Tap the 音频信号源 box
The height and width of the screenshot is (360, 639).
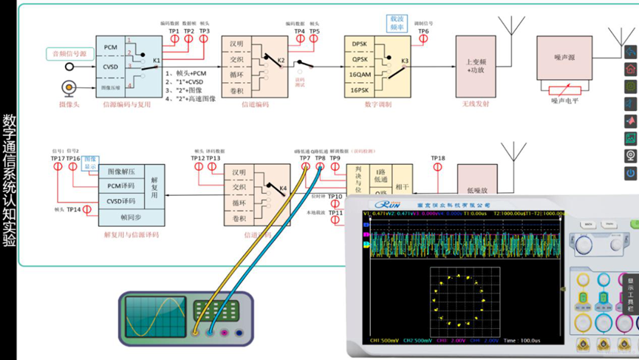pos(68,53)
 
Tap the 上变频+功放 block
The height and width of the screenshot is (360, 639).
pos(475,67)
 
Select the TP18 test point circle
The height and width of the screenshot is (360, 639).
pos(438,168)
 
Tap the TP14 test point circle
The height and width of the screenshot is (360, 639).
pos(88,210)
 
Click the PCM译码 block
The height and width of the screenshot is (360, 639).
pos(121,186)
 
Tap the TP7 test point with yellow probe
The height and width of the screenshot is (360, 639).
pos(305,168)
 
